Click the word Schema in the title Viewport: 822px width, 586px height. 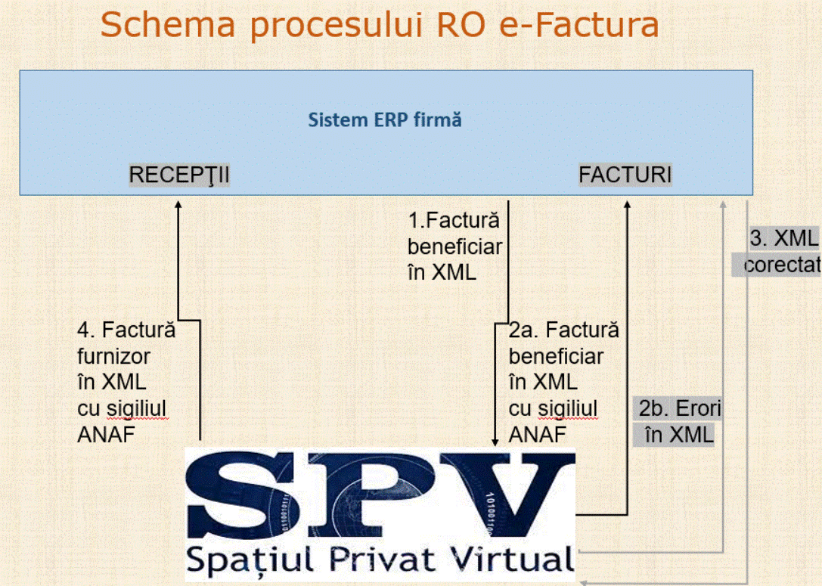[x=168, y=25]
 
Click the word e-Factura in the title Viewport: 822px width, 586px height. [x=579, y=25]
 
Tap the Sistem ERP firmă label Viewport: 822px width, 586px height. [x=385, y=120]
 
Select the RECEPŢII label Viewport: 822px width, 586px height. [x=179, y=175]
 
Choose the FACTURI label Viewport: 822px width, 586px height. [x=625, y=175]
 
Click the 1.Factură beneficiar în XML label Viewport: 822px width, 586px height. [x=454, y=246]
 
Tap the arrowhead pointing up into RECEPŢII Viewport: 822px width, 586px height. [x=178, y=205]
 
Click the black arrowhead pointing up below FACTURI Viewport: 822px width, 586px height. [x=627, y=205]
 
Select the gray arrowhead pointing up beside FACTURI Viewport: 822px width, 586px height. [x=723, y=205]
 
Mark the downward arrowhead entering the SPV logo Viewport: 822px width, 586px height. [x=495, y=442]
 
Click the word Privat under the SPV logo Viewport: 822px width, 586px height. [x=382, y=559]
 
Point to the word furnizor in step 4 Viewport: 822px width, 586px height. [x=113, y=356]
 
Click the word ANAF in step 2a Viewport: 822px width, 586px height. [x=538, y=435]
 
